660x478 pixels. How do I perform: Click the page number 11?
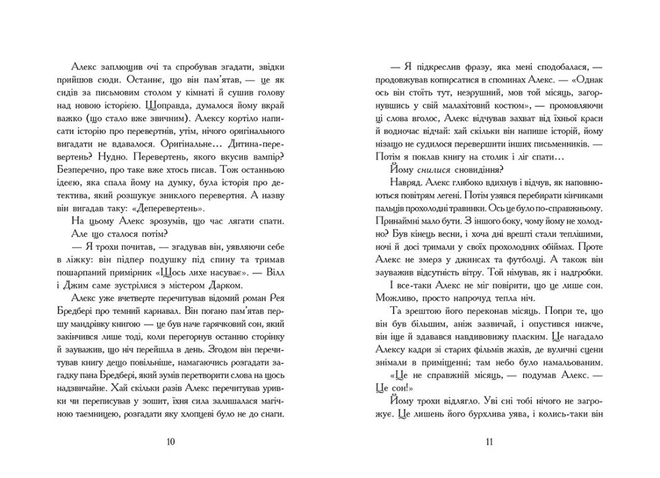(x=489, y=441)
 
